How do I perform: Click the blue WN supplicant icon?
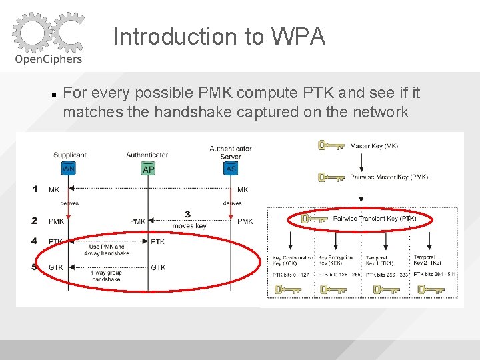pos(68,169)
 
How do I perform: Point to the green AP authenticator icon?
pos(148,169)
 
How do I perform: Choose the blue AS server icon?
pos(231,169)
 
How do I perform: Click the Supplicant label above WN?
pos(70,155)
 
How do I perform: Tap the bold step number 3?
pos(188,214)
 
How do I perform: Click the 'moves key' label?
pos(189,226)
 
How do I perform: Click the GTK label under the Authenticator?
pos(158,267)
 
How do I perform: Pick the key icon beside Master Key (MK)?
pos(329,145)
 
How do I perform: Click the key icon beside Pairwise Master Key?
pos(329,177)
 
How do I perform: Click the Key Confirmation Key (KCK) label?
pos(292,260)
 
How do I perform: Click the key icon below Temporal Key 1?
pos(385,289)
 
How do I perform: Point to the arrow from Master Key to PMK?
pos(361,161)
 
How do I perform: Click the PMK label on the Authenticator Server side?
pos(245,221)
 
